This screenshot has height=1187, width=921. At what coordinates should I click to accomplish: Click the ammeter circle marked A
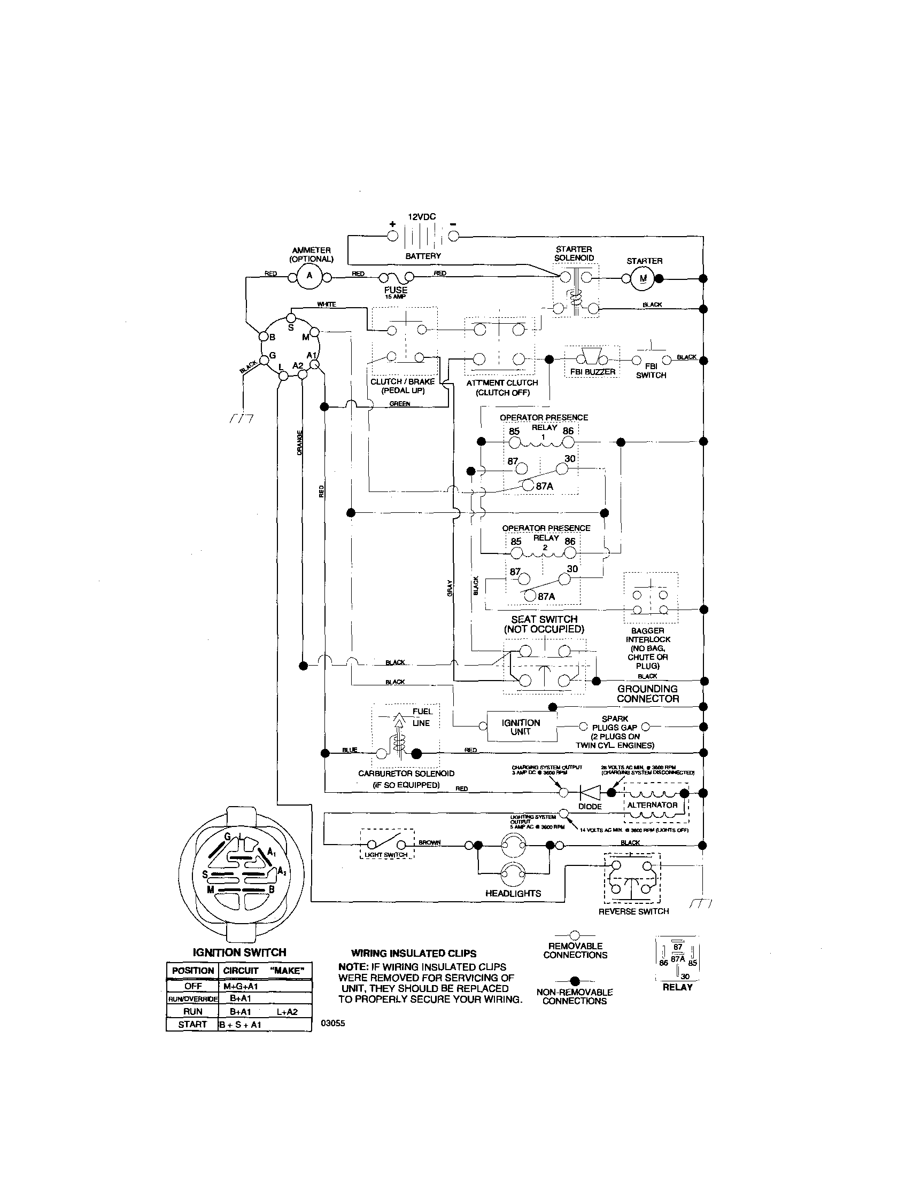(309, 276)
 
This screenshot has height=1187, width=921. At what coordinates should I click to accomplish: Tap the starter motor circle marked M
(644, 279)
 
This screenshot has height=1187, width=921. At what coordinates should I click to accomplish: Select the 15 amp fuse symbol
(395, 277)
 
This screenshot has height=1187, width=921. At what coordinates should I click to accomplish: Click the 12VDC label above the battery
(421, 216)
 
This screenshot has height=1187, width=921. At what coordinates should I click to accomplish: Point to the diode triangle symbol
(590, 793)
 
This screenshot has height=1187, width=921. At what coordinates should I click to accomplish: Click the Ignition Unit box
(521, 727)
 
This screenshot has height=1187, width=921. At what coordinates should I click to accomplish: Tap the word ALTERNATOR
(653, 805)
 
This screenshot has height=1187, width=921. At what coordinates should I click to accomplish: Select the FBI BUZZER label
(593, 372)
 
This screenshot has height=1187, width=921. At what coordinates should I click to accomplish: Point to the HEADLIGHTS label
(513, 894)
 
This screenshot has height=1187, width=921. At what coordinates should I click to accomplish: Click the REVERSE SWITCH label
(633, 911)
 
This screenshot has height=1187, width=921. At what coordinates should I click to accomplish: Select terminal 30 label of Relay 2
(572, 569)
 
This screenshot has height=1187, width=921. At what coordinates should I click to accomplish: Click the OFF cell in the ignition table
(192, 986)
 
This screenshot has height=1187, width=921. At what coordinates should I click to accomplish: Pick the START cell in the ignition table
(192, 1025)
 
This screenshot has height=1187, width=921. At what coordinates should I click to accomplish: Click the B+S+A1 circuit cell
(241, 1025)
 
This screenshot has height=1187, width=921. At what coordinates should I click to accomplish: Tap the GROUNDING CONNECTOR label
(647, 694)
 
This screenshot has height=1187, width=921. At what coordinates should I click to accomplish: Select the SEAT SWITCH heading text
(544, 619)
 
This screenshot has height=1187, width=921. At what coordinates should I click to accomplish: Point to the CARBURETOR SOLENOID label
(406, 774)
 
